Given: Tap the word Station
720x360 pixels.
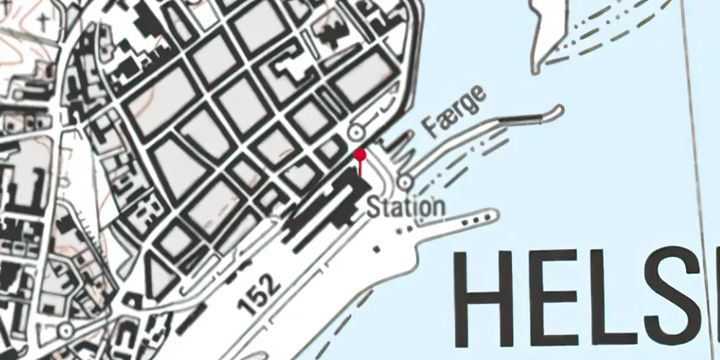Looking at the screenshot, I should (406, 207).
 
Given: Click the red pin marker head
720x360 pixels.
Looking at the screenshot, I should (361, 155).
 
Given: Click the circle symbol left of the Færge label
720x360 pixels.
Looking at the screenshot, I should (355, 132).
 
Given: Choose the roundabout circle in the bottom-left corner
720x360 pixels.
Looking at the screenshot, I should (66, 330).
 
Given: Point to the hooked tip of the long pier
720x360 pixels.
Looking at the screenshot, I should (556, 110).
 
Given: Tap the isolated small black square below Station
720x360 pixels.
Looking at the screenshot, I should (377, 249).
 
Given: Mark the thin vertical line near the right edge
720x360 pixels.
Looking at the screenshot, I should (698, 180).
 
